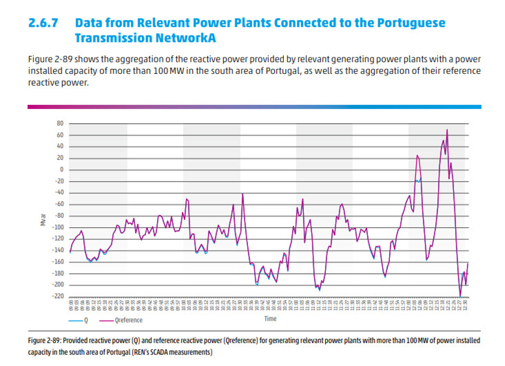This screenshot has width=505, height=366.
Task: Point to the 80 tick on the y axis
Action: [59, 123]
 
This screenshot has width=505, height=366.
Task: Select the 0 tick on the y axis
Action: [61, 169]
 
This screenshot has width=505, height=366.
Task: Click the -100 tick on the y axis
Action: [57, 227]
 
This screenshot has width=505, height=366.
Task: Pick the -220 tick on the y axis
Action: [57, 296]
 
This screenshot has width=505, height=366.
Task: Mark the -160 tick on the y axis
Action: [57, 262]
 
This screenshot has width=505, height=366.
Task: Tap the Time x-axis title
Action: [271, 318]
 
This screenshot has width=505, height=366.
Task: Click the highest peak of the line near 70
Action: [447, 130]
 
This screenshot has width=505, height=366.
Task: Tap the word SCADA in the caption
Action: [176, 352]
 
